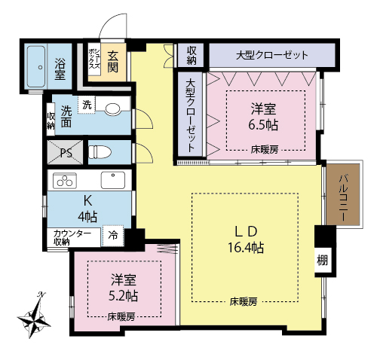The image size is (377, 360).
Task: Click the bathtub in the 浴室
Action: [36, 67]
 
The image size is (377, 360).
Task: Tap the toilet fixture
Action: [100, 152]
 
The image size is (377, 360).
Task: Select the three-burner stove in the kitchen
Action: [65, 181]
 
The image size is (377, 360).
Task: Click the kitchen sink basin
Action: [113, 180]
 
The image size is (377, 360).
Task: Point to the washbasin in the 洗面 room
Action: [112, 109]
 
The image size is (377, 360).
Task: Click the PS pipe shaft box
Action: [65, 152]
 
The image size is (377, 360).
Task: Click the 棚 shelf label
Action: [322, 260]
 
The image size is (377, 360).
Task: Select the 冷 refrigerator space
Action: [113, 235]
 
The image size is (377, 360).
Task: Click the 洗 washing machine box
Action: [87, 105]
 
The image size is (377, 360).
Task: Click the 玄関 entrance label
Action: [112, 62]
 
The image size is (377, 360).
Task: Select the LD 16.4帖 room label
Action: [246, 239]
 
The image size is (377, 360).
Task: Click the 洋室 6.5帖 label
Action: [263, 117]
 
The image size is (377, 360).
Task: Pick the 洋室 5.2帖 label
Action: [123, 288]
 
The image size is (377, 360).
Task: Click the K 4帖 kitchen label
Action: [87, 209]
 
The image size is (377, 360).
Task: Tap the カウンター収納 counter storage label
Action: [72, 238]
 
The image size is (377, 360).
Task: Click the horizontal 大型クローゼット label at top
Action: [272, 55]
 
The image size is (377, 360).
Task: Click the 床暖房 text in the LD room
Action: [244, 301]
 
